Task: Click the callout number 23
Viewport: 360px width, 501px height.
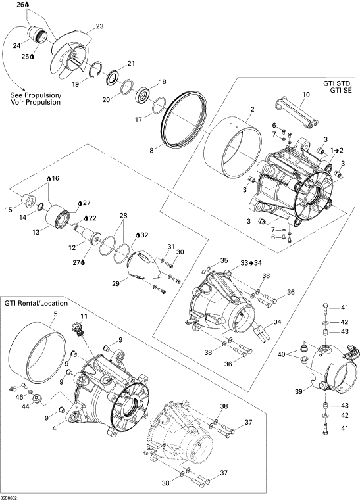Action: click(100, 26)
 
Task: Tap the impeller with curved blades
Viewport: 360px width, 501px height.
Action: click(71, 55)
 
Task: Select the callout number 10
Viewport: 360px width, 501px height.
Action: click(306, 95)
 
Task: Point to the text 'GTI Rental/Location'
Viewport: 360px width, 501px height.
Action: click(36, 303)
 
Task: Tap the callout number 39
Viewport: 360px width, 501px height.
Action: click(298, 391)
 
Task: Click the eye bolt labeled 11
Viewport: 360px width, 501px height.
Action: click(80, 329)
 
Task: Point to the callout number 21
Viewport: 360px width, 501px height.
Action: click(131, 64)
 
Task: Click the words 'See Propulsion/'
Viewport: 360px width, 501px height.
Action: click(36, 95)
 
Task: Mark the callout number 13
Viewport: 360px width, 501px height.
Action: click(36, 232)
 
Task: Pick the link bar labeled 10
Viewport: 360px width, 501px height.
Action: click(297, 114)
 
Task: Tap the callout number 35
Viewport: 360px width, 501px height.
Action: click(224, 260)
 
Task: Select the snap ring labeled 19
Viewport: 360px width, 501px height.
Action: click(95, 70)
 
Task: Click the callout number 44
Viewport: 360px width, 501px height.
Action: click(25, 406)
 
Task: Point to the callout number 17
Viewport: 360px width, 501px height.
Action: click(138, 120)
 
